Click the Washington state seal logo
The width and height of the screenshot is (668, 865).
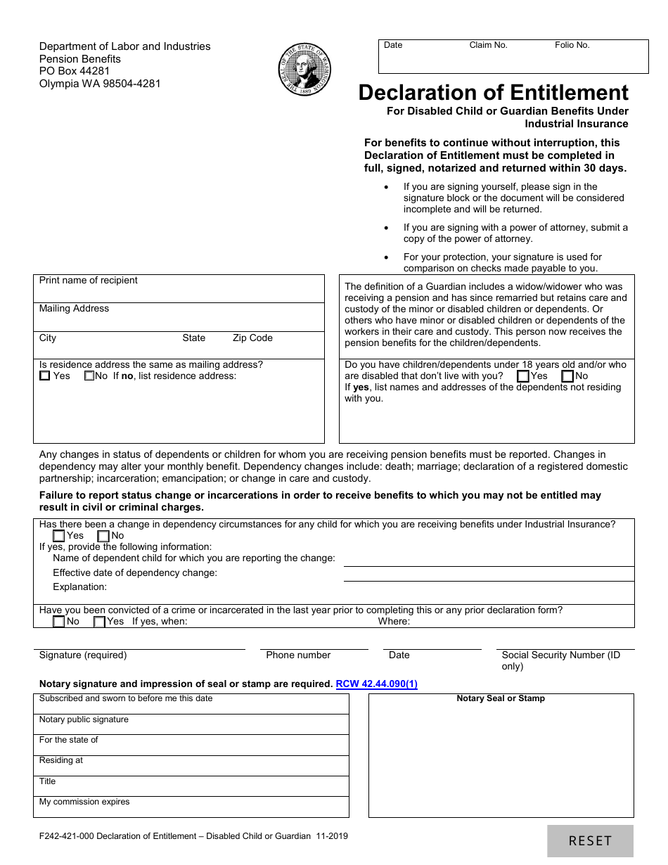[x=304, y=70]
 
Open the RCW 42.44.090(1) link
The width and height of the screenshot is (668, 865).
[x=376, y=684]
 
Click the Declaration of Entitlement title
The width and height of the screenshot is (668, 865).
[x=493, y=93]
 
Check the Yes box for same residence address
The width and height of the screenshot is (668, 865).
[x=45, y=376]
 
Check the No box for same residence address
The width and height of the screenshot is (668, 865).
[x=89, y=376]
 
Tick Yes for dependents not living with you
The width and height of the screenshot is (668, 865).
[x=522, y=376]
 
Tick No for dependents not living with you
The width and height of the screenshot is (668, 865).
[x=567, y=376]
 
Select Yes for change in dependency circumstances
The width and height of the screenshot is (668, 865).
[x=59, y=536]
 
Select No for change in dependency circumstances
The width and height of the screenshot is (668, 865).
[x=103, y=536]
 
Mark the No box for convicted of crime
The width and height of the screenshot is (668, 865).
[x=59, y=622]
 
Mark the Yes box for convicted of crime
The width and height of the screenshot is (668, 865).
[x=99, y=622]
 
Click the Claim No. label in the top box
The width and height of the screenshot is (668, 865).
[x=488, y=45]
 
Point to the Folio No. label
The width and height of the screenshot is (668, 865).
[x=572, y=45]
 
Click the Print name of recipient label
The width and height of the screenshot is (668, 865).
[x=88, y=281]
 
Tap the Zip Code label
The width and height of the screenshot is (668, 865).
[x=252, y=338]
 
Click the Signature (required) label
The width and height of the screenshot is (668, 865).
[x=83, y=655]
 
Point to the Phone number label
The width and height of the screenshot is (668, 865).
[x=298, y=655]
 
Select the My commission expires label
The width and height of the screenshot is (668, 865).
[x=84, y=802]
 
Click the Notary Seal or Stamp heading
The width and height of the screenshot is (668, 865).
[x=501, y=698]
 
